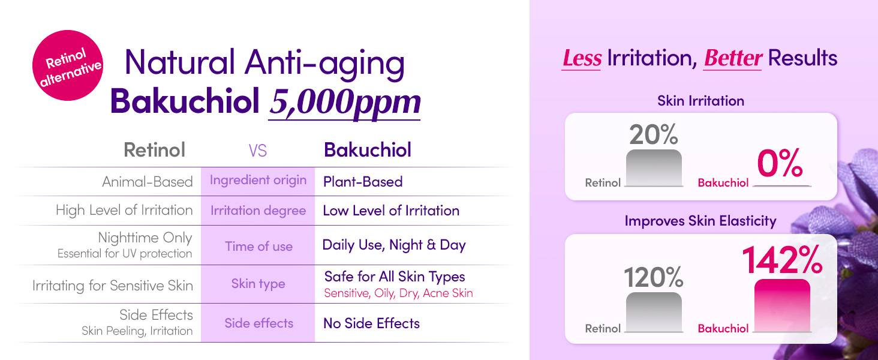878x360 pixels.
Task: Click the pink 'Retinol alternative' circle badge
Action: (68, 65)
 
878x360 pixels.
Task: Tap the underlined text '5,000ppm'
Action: (345, 102)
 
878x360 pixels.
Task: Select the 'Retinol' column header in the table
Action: (155, 150)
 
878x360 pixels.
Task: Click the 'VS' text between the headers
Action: (257, 151)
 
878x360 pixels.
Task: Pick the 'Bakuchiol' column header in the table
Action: (368, 150)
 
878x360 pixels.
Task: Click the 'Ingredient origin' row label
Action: (258, 180)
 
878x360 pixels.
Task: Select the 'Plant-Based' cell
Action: (363, 182)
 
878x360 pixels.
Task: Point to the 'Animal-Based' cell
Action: (148, 182)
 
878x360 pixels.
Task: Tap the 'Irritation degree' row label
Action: (258, 211)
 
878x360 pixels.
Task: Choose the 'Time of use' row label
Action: (258, 246)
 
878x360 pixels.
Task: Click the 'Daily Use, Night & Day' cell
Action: (394, 245)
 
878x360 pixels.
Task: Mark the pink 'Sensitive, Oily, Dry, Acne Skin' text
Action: (399, 293)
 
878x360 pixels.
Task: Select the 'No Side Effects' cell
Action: (372, 323)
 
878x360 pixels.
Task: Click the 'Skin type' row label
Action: (258, 284)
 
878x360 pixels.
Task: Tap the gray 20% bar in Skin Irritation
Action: (654, 167)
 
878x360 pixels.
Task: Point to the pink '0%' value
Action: (780, 163)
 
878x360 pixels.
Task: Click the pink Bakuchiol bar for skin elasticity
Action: (783, 305)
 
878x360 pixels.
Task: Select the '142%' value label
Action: (783, 260)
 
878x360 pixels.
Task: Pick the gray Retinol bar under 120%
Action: (654, 312)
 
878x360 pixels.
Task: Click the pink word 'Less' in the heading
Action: (582, 58)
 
